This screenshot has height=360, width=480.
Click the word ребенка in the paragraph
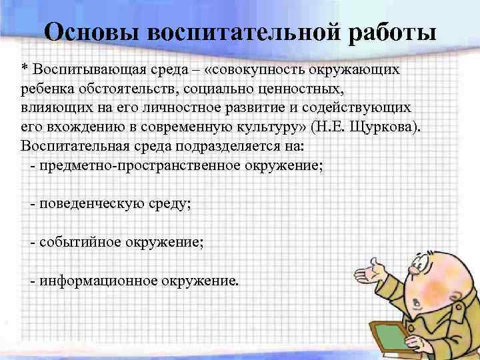click(47, 89)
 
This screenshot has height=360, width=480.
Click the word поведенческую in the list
click(89, 203)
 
